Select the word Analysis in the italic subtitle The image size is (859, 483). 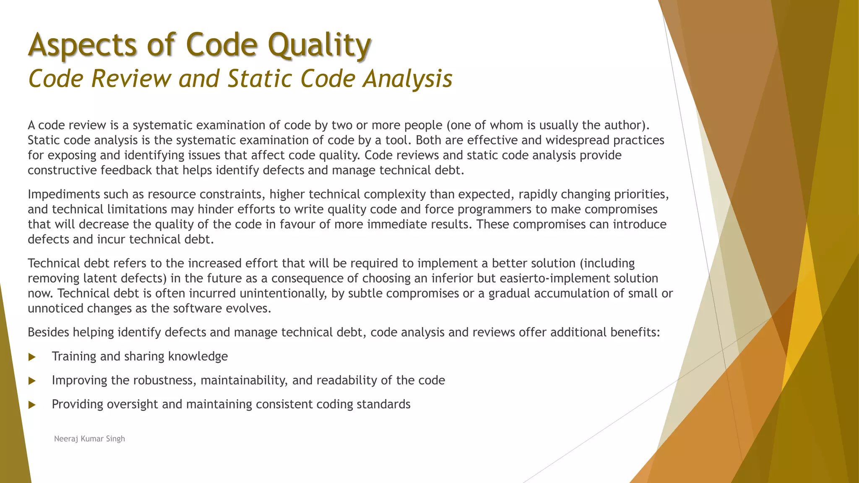coord(408,79)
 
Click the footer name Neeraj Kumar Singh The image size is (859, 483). coord(89,439)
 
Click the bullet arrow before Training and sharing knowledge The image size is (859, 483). coord(32,357)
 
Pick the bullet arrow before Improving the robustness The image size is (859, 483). coord(32,381)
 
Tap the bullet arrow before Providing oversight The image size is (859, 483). coord(32,405)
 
